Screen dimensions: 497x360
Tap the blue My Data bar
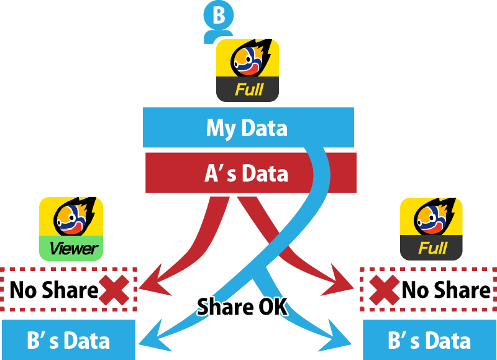[x=248, y=127]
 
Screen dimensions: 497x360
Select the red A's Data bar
[x=251, y=173]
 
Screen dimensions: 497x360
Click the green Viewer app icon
[x=71, y=229]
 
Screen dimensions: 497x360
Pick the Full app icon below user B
[x=247, y=70]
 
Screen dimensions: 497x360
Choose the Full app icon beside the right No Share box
[x=431, y=229]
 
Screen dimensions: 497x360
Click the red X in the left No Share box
[x=114, y=290]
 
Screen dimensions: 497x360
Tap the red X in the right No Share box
[x=385, y=290]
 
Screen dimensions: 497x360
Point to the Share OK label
[x=242, y=307]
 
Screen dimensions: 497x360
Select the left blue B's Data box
[x=68, y=339]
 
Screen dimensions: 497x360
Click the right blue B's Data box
[x=429, y=339]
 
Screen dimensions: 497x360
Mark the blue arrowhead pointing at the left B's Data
[x=153, y=338]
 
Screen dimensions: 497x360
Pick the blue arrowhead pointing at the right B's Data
[x=336, y=338]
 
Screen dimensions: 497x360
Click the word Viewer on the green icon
[x=74, y=249]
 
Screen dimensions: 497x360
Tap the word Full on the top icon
[x=249, y=90]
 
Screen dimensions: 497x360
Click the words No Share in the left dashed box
[x=54, y=290]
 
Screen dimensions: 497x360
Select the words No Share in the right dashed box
[x=446, y=290]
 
